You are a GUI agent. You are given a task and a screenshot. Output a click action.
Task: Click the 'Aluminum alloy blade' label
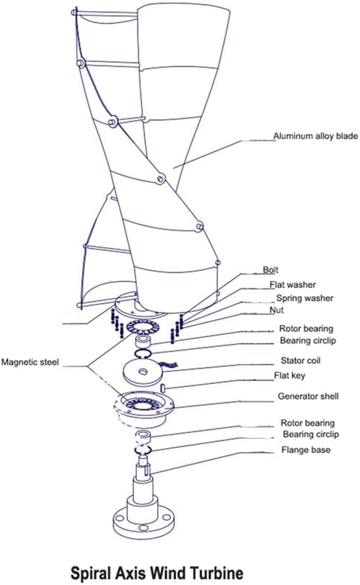pyautogui.click(x=315, y=136)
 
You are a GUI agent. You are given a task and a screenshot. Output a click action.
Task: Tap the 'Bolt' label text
pyautogui.click(x=271, y=270)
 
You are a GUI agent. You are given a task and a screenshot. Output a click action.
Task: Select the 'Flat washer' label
pyautogui.click(x=292, y=285)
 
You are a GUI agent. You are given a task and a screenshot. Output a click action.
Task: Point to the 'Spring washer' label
pyautogui.click(x=304, y=298)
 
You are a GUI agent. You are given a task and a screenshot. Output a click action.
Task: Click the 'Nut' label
pyautogui.click(x=276, y=310)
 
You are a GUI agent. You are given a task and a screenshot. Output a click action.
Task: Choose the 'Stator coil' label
pyautogui.click(x=300, y=361)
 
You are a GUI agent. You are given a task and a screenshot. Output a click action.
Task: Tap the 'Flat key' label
pyautogui.click(x=290, y=376)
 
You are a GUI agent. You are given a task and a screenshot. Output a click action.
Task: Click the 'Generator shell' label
pyautogui.click(x=308, y=396)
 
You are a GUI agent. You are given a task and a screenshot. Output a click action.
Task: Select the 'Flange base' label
pyautogui.click(x=306, y=450)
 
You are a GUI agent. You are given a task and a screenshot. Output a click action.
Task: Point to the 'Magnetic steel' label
pyautogui.click(x=30, y=363)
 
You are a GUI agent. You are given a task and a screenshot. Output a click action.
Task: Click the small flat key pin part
pyautogui.click(x=163, y=388)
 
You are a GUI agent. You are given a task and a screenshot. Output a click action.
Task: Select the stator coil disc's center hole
pyautogui.click(x=143, y=371)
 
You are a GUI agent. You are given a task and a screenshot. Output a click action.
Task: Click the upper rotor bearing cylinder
pyautogui.click(x=143, y=341)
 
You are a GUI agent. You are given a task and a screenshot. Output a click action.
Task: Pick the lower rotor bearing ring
pyautogui.click(x=143, y=436)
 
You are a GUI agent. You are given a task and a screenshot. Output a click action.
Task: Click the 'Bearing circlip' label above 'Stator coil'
pyautogui.click(x=308, y=340)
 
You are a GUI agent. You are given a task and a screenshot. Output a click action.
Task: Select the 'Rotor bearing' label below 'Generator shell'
pyautogui.click(x=307, y=423)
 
